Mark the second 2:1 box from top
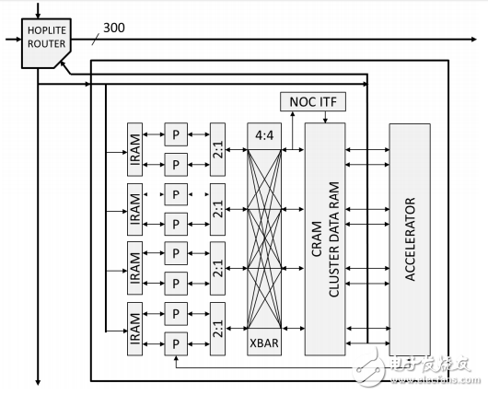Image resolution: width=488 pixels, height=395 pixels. point(218,202)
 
